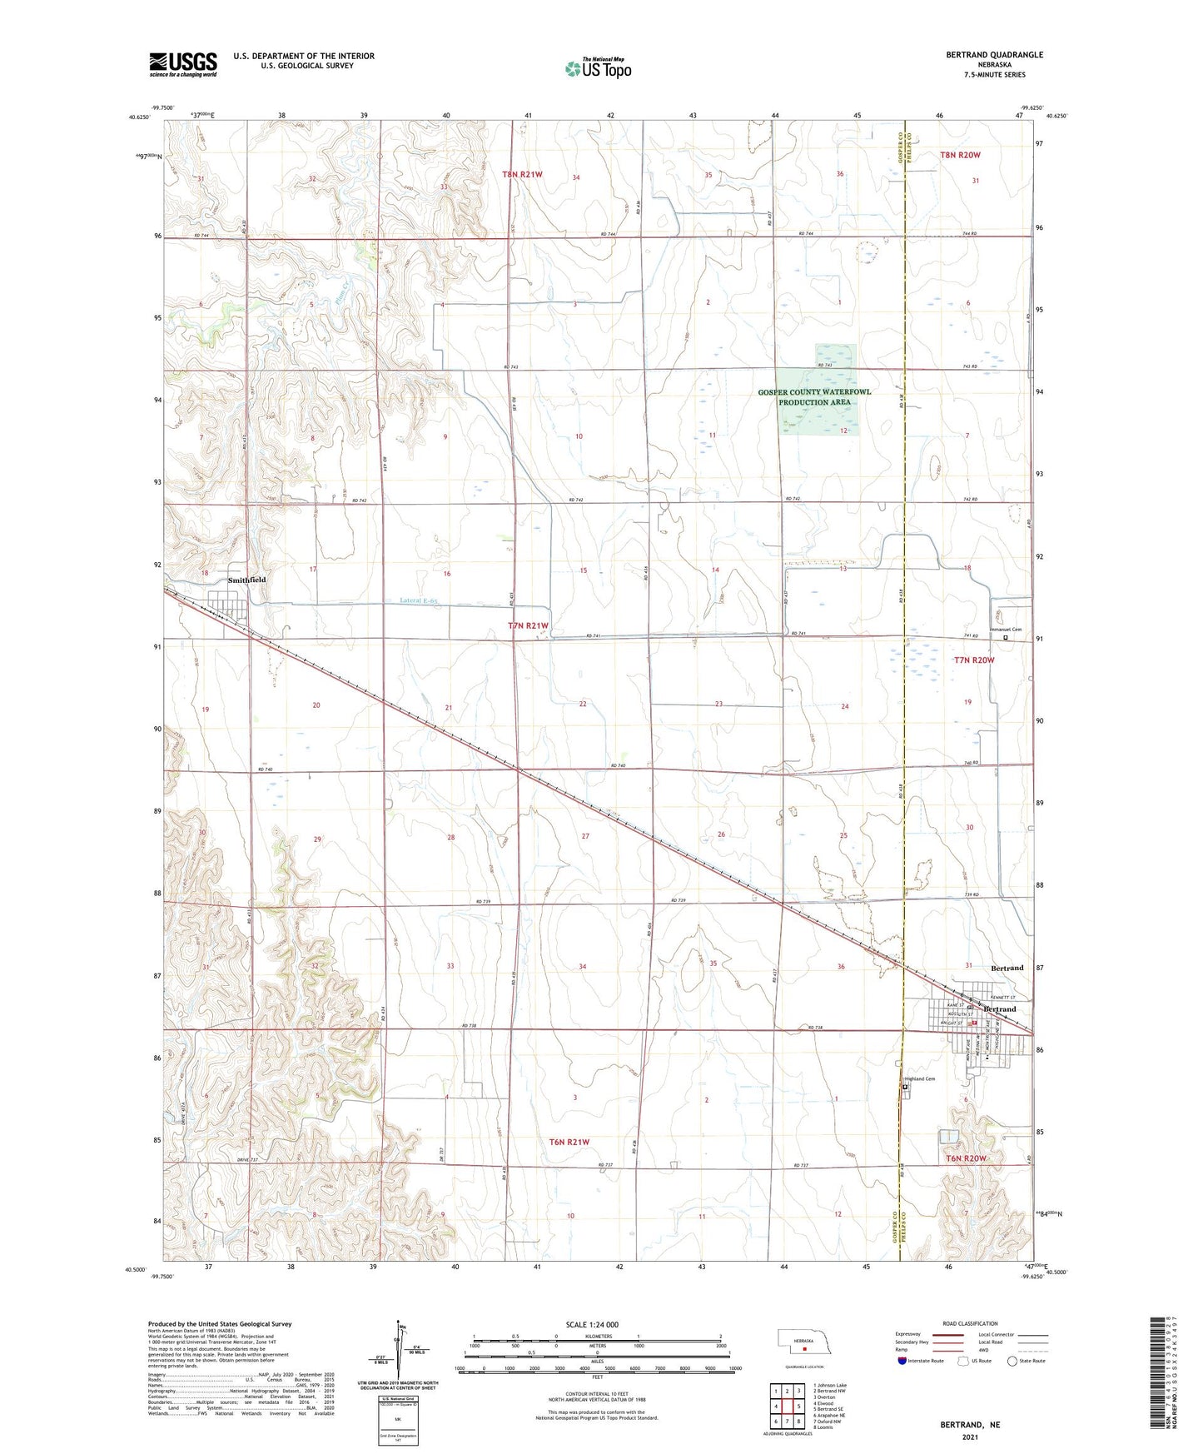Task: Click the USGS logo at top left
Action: [x=183, y=63]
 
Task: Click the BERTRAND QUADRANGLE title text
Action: [x=994, y=55]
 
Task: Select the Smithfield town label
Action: [x=247, y=580]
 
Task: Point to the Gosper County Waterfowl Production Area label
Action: [x=815, y=396]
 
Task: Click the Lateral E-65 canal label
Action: [x=419, y=600]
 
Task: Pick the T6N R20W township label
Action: [x=967, y=1158]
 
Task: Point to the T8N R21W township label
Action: [x=523, y=174]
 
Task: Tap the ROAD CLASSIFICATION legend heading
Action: [x=971, y=1323]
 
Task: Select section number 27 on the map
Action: [x=585, y=836]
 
